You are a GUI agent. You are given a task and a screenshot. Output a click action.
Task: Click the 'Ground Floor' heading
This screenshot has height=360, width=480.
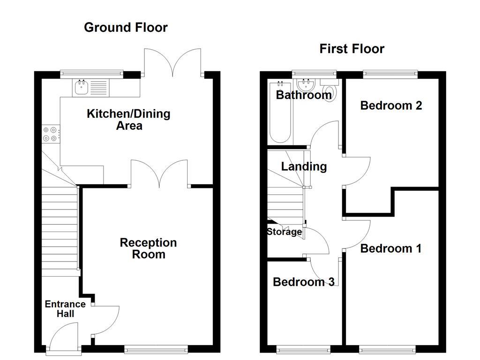(126, 27)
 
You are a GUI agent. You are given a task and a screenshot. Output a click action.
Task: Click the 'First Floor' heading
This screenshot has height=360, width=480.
(352, 49)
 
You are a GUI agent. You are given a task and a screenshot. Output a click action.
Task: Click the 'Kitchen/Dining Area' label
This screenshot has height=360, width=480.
(129, 120)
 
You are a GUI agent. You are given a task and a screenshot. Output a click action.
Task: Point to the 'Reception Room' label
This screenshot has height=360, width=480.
(148, 248)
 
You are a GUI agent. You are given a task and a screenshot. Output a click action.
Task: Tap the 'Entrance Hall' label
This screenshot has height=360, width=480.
(65, 309)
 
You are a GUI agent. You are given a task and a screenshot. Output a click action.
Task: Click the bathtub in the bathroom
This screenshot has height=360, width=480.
(280, 112)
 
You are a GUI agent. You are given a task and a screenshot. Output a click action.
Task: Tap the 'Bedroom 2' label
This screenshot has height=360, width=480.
(391, 105)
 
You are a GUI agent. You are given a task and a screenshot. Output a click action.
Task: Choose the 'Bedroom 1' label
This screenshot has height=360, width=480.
(390, 248)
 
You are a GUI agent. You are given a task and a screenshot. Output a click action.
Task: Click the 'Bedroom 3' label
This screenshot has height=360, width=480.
(303, 282)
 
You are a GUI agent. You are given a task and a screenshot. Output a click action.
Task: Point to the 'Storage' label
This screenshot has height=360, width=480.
(284, 232)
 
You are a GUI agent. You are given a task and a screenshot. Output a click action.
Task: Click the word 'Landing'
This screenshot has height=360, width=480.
(304, 166)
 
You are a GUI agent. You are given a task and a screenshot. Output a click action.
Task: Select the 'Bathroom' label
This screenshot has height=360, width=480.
(303, 95)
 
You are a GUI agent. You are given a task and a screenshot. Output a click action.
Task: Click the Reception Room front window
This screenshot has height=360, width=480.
(156, 349)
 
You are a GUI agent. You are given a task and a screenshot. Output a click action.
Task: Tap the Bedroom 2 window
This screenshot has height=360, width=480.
(390, 73)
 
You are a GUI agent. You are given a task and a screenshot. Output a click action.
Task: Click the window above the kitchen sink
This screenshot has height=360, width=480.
(91, 73)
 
